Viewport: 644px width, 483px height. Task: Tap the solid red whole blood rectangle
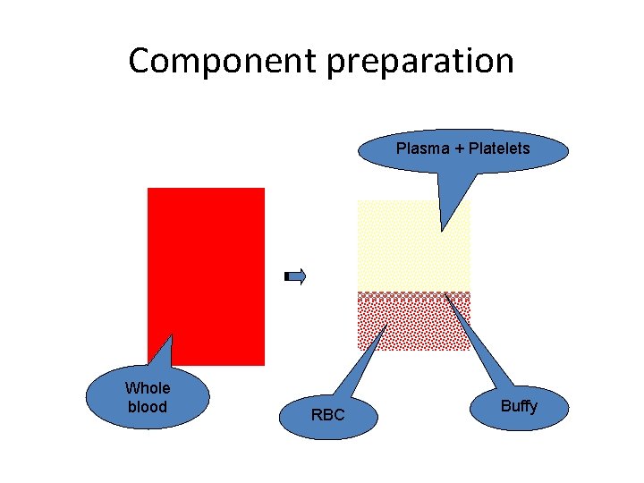[x=206, y=268]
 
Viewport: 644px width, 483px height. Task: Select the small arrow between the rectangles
[x=295, y=276]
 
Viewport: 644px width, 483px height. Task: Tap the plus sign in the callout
[x=459, y=148]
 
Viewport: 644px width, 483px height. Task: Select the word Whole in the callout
[x=148, y=388]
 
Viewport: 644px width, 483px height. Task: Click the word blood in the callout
[x=148, y=406]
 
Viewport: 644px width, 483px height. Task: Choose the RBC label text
[x=327, y=415]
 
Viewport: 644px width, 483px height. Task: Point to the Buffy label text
[x=519, y=406]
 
